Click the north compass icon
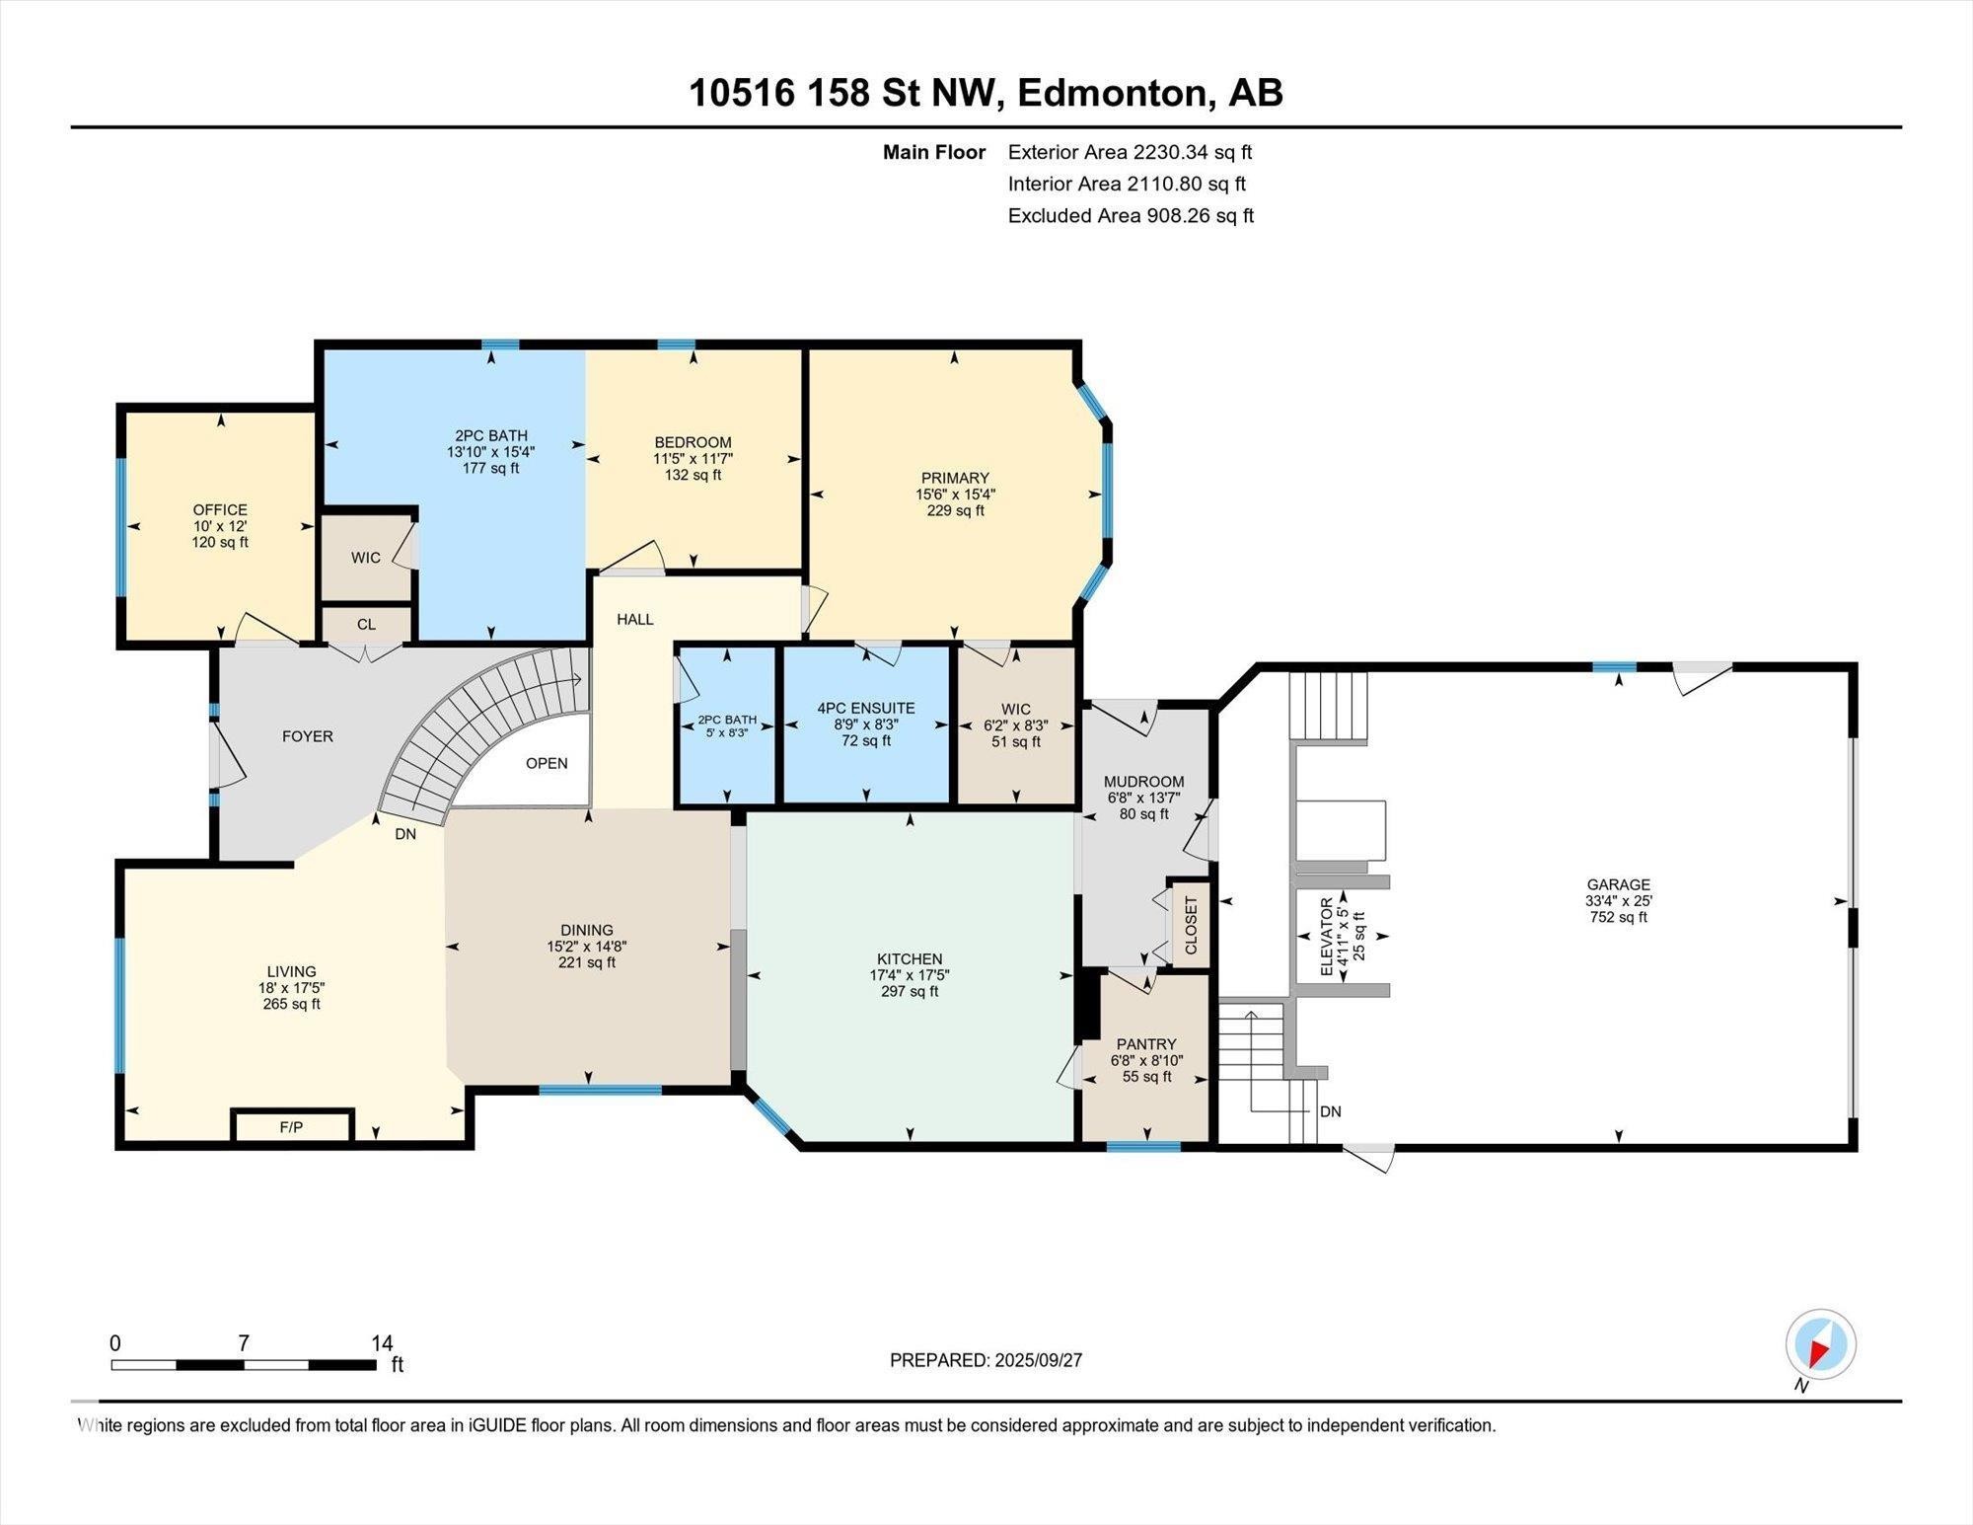[x=1820, y=1343]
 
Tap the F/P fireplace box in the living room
[x=291, y=1126]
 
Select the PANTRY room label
[x=1146, y=1044]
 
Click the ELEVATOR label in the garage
[x=1327, y=937]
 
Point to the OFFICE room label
[x=220, y=510]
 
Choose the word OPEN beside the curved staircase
[x=547, y=763]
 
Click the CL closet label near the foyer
[x=366, y=625]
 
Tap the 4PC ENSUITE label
[x=866, y=709]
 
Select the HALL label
[x=635, y=620]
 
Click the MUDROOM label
[x=1144, y=782]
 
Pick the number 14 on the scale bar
[x=382, y=1343]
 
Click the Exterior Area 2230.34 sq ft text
[x=1130, y=152]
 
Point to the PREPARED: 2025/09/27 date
[x=986, y=1360]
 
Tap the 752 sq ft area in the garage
[x=1619, y=917]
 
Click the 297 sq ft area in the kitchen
[x=910, y=991]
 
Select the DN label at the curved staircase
[x=405, y=834]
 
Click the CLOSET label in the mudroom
[x=1191, y=925]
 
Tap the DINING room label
[x=587, y=930]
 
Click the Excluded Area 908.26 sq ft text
[x=1131, y=215]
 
